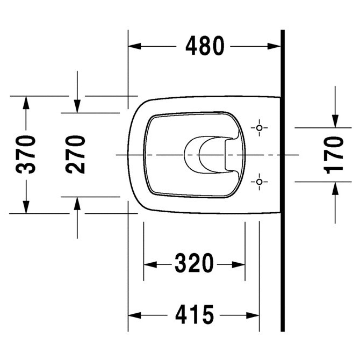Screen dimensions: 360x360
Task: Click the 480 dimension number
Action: tap(205, 46)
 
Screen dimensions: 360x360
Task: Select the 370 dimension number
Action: tap(25, 154)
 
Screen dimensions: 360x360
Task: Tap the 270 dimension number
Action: tap(75, 154)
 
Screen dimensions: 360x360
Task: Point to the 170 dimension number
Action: tap(333, 155)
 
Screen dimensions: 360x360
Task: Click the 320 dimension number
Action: tap(194, 263)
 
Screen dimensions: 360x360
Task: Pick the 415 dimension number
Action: tap(195, 314)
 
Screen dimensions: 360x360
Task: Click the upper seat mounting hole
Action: tap(260, 128)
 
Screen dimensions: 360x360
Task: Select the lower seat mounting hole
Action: tap(260, 182)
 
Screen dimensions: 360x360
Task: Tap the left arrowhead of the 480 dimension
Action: tap(134, 46)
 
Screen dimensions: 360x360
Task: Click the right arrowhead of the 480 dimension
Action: tap(274, 46)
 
